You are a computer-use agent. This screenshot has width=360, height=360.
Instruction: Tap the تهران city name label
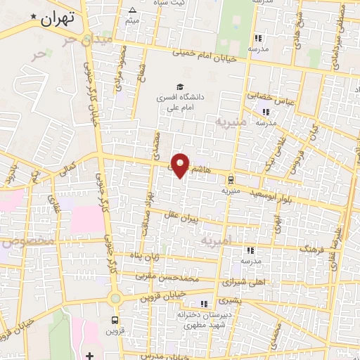click(x=57, y=19)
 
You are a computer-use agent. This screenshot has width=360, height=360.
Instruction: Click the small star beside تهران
click(x=32, y=15)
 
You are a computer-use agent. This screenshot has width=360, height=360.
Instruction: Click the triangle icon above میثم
click(x=132, y=10)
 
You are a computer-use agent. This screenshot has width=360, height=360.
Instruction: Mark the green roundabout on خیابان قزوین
click(x=116, y=297)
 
